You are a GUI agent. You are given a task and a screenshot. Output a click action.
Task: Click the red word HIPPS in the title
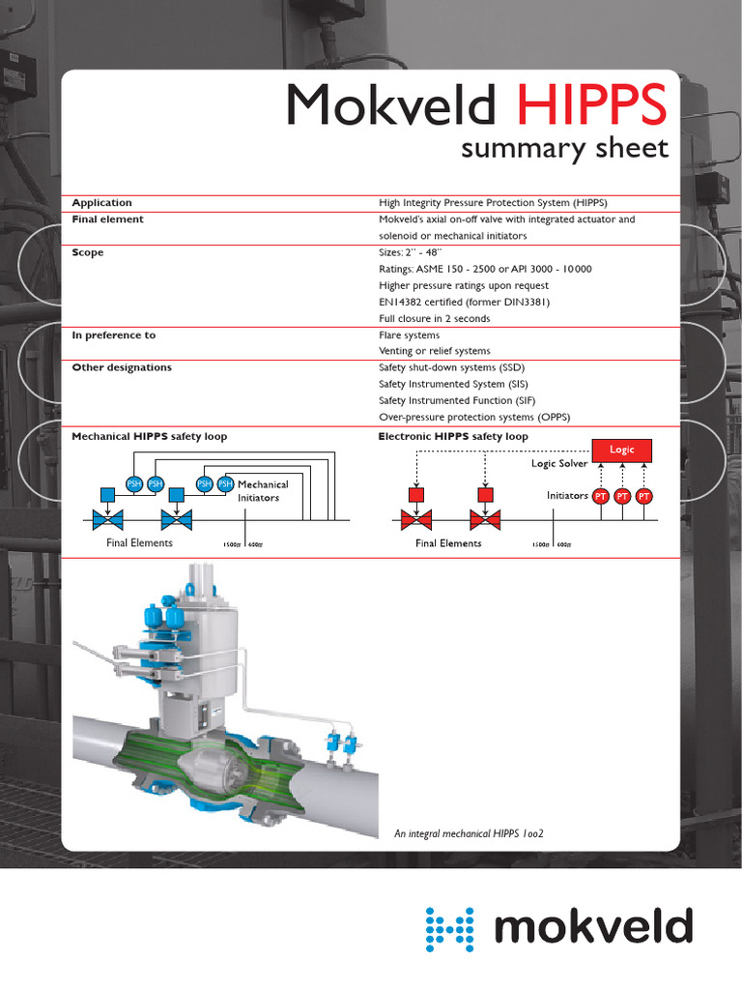click(591, 104)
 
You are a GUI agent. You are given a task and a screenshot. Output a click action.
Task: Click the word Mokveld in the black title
click(391, 104)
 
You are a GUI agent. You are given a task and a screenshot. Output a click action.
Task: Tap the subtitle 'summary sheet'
click(564, 148)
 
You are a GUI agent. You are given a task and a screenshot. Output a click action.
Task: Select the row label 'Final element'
click(108, 219)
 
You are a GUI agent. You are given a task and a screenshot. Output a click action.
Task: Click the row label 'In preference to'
click(114, 335)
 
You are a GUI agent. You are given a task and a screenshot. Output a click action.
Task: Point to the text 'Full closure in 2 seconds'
click(434, 318)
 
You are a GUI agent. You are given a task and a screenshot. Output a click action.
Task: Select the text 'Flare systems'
click(409, 335)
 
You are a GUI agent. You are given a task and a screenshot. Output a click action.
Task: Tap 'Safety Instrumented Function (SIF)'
click(457, 400)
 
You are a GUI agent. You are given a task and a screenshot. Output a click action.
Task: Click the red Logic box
click(622, 450)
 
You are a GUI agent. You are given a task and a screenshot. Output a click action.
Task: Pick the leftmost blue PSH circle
click(135, 483)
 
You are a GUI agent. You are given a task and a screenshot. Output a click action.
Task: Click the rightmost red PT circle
click(644, 496)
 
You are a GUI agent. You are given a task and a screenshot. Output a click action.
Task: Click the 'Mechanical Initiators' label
click(263, 491)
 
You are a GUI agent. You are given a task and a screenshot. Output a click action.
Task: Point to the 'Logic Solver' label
click(559, 464)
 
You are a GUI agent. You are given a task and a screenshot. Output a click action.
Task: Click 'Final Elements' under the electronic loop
click(448, 543)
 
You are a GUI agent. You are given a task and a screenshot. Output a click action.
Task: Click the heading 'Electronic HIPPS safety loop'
click(453, 437)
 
